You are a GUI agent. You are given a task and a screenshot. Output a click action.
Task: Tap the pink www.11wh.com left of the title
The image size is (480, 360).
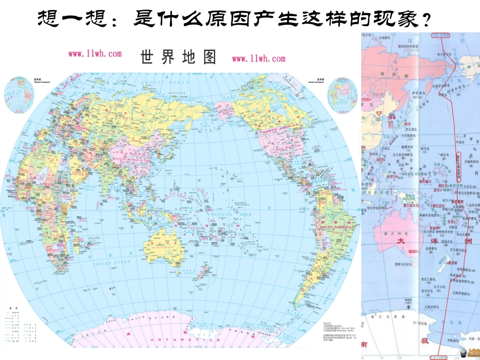pos(95,54)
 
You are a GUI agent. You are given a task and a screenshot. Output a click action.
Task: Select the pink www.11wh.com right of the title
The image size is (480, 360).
pos(258,58)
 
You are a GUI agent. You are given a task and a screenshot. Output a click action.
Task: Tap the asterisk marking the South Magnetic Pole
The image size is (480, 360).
pos(409,307)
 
